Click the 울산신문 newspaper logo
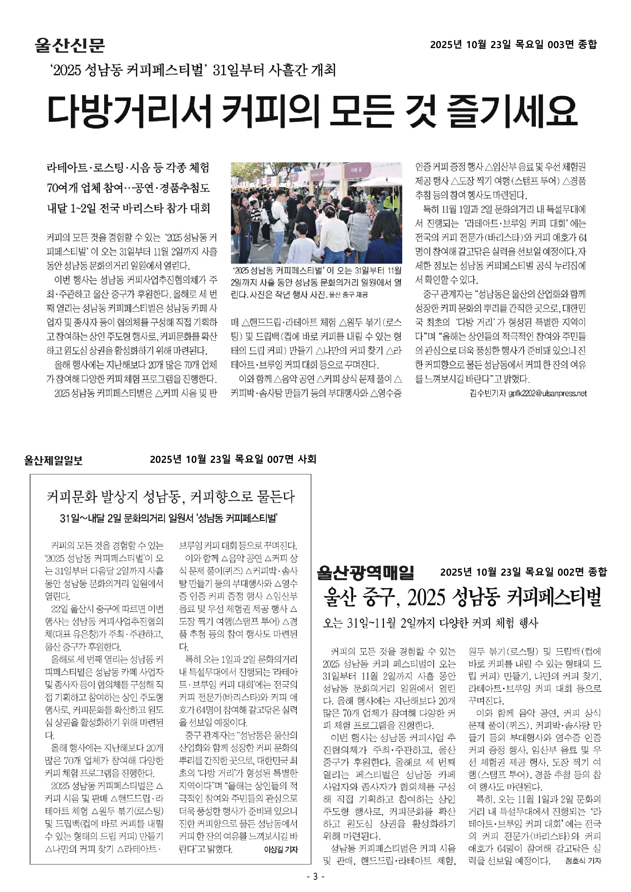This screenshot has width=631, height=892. coord(70,45)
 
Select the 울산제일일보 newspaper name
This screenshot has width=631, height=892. coord(53,460)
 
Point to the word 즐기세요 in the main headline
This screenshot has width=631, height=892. coord(512,110)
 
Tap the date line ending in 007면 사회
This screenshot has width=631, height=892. coord(233,460)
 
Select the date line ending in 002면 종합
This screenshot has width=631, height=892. coord(523,572)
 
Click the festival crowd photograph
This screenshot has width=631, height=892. coord(316,213)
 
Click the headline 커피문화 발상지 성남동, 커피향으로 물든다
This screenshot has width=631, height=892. coord(170,496)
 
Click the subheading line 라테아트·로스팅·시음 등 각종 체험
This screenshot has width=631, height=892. coord(128,168)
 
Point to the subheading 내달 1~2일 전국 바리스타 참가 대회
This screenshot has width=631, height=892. coord(128,208)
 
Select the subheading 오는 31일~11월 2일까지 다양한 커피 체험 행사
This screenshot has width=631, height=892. coord(430,623)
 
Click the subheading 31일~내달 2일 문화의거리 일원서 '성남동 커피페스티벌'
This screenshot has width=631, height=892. coord(168,518)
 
